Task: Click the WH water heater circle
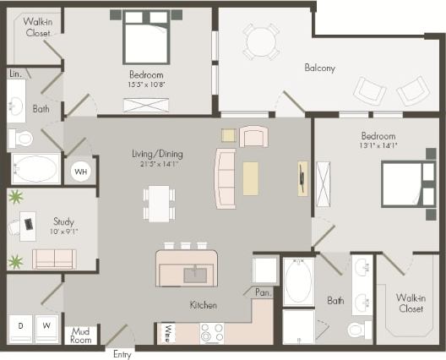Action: [x=80, y=172]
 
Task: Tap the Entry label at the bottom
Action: [x=122, y=354]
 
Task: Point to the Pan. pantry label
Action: [x=262, y=292]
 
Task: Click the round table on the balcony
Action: [x=261, y=41]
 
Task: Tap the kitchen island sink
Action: [x=195, y=273]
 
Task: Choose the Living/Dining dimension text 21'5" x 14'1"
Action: [x=156, y=165]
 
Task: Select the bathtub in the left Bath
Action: [x=35, y=168]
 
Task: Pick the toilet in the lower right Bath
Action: [x=357, y=329]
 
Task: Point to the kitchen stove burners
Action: [x=211, y=332]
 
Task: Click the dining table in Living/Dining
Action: [x=159, y=204]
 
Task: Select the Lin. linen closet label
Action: [x=15, y=74]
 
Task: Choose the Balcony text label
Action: [x=320, y=68]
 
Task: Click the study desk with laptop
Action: [x=28, y=225]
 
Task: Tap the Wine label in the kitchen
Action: [x=169, y=332]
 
